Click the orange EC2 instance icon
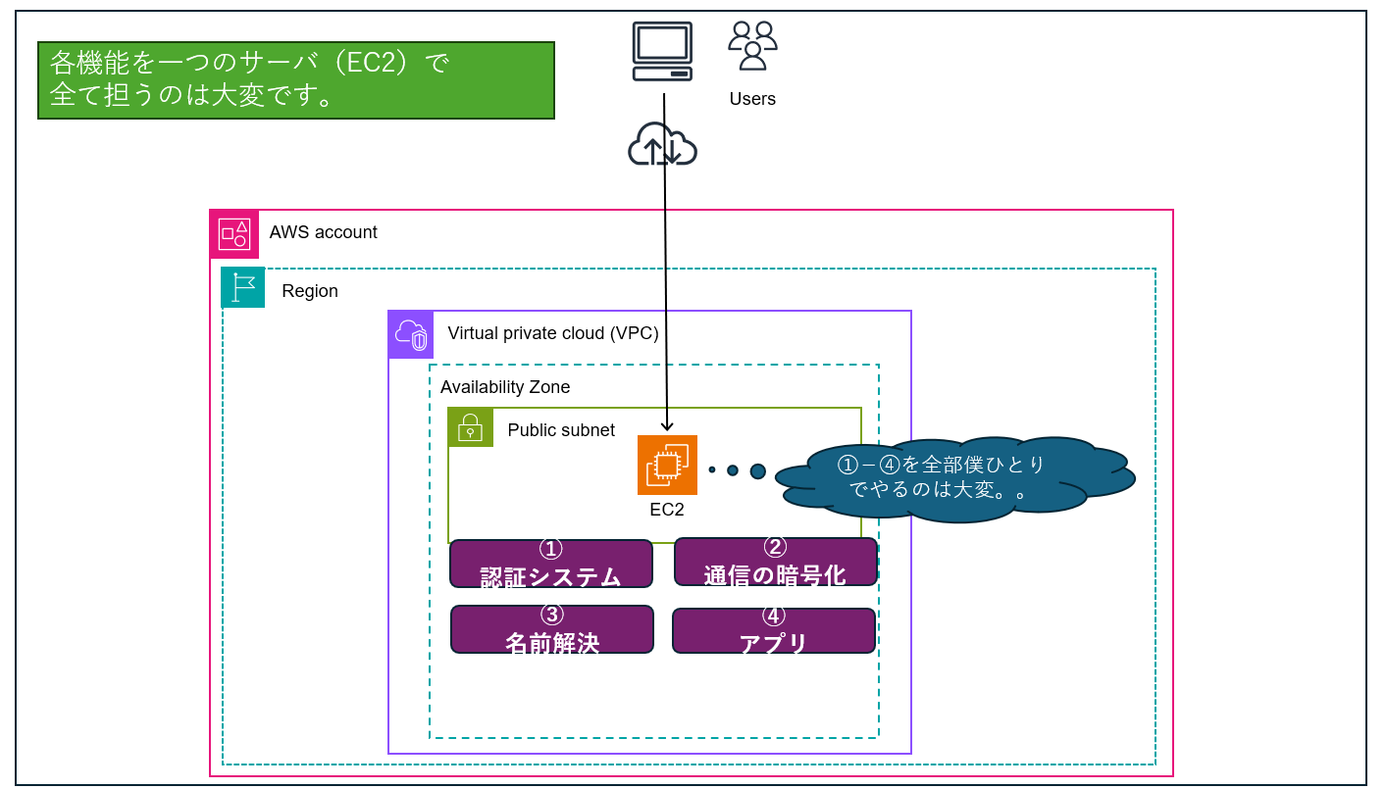[x=667, y=465]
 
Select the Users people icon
[x=752, y=46]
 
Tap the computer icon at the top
[x=663, y=51]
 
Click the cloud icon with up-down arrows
[x=663, y=145]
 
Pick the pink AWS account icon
[x=234, y=234]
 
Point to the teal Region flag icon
[x=243, y=287]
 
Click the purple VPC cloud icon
[x=411, y=334]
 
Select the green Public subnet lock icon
[x=471, y=427]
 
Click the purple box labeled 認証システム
[x=551, y=564]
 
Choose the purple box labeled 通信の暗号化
[x=775, y=562]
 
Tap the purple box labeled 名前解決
[x=552, y=629]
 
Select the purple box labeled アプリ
[x=773, y=630]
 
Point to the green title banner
[x=296, y=79]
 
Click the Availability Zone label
[x=505, y=387]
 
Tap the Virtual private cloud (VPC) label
[x=553, y=333]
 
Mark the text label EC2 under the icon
[x=667, y=510]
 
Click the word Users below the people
[x=752, y=99]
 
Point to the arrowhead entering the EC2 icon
[x=667, y=426]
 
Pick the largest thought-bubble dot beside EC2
[x=757, y=471]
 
